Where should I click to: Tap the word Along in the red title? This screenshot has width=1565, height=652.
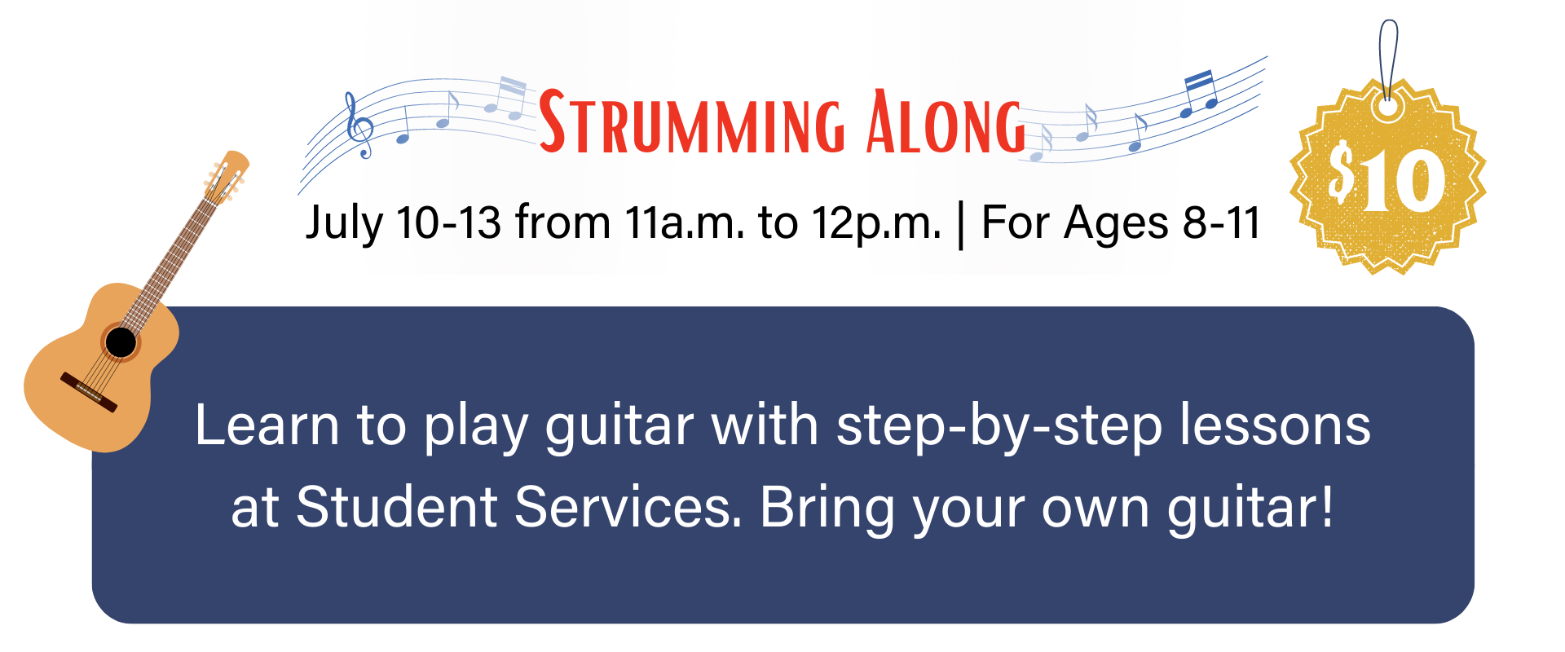pos(946,121)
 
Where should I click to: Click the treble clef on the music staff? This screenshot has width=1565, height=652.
pos(358,125)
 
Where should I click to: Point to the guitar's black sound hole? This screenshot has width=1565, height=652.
pos(121,342)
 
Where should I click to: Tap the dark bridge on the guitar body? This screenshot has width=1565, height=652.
pos(89,392)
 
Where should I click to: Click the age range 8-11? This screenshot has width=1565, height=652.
pos(1221,222)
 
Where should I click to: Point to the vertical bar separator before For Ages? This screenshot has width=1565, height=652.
pos(962,224)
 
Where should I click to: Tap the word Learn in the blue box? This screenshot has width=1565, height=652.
pos(267,425)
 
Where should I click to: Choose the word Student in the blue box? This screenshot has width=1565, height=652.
pos(396,507)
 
